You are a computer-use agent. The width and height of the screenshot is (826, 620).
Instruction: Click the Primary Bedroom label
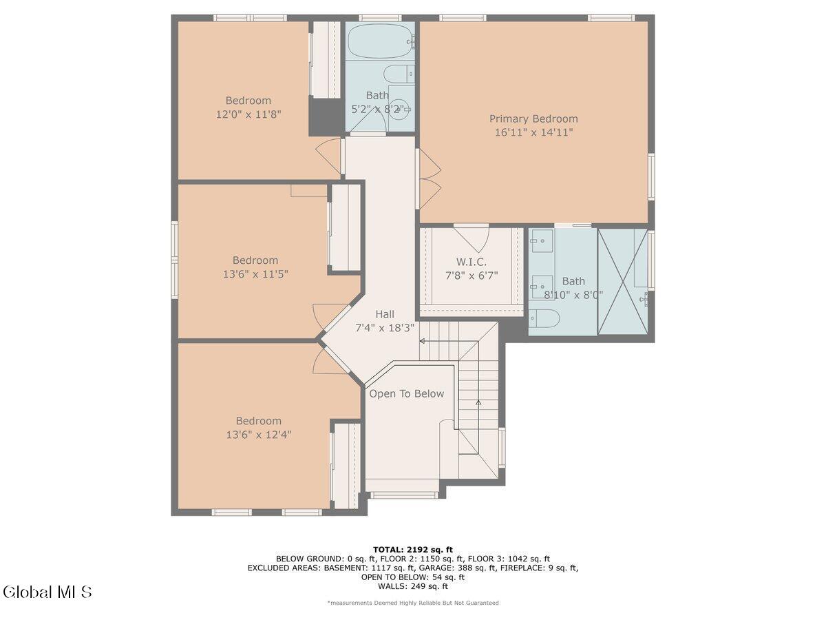point(533,118)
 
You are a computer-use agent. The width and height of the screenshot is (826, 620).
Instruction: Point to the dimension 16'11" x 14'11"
point(533,132)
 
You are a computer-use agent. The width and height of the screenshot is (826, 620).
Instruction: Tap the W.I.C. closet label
point(472,262)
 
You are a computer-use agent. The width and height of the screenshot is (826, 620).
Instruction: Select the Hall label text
point(385,314)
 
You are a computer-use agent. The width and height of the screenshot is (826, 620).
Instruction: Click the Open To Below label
point(406,394)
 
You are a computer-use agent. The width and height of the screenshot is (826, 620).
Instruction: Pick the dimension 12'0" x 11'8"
point(248,114)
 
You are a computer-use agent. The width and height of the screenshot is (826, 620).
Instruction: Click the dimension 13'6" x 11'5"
point(255,274)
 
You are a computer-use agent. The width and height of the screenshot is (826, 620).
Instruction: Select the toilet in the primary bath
point(544,319)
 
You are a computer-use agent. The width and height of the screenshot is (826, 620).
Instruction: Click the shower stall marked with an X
point(622,281)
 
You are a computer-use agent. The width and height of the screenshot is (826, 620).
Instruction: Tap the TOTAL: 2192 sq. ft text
point(413,549)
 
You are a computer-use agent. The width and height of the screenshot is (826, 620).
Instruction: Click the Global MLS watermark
point(47,592)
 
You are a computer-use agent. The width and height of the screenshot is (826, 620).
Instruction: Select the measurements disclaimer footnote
point(413,603)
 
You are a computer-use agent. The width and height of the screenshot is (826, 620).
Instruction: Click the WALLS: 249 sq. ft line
point(413,586)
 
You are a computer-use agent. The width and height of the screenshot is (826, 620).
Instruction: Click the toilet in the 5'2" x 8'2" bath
point(398,74)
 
